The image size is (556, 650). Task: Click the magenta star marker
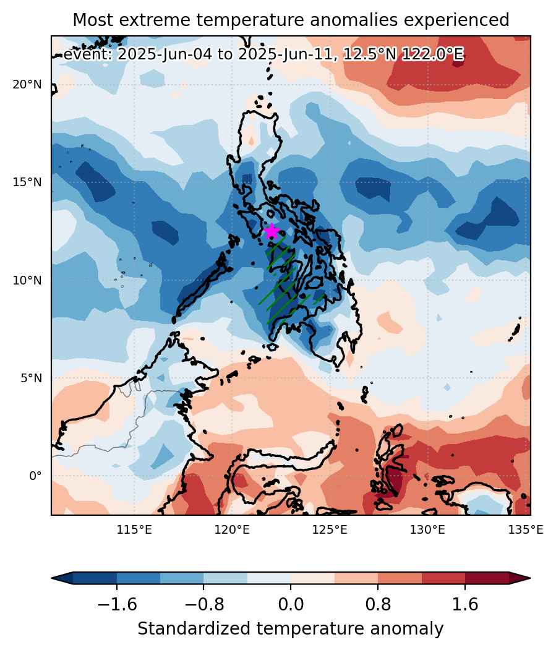pyautogui.click(x=272, y=231)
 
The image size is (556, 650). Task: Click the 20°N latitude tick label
pyautogui.click(x=27, y=85)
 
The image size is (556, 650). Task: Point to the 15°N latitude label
pyautogui.click(x=27, y=182)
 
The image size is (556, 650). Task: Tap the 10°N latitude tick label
pyautogui.click(x=27, y=280)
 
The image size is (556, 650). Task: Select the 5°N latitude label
pyautogui.click(x=31, y=378)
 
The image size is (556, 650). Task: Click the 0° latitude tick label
pyautogui.click(x=35, y=476)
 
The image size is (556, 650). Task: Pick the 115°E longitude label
pyautogui.click(x=134, y=530)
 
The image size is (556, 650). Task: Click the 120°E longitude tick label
pyautogui.click(x=232, y=530)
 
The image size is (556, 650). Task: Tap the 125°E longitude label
pyautogui.click(x=330, y=530)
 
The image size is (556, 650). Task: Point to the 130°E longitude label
pyautogui.click(x=428, y=530)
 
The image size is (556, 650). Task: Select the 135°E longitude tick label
pyautogui.click(x=526, y=530)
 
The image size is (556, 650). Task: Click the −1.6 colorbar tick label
pyautogui.click(x=117, y=604)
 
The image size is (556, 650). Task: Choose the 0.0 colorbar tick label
pyautogui.click(x=291, y=604)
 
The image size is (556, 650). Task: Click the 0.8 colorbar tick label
pyautogui.click(x=378, y=604)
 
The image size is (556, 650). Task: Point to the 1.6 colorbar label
pyautogui.click(x=465, y=604)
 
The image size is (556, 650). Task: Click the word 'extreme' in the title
pyautogui.click(x=155, y=20)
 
